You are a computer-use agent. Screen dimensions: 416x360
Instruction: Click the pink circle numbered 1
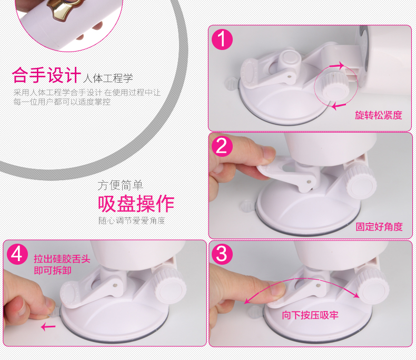[222, 39]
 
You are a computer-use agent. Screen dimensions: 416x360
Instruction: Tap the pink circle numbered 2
[222, 146]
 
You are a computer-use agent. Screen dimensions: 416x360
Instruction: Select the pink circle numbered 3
[222, 254]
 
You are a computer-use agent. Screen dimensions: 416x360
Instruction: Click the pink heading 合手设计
[46, 75]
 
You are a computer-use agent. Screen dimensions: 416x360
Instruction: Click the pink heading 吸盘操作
[136, 204]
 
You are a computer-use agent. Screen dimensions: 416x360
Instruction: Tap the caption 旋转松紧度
[379, 115]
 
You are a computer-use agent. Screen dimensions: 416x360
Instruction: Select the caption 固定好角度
[379, 227]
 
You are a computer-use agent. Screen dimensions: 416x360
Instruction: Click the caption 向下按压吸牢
[310, 315]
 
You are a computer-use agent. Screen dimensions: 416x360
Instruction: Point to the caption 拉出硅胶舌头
[62, 259]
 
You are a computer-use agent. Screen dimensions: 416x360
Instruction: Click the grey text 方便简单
[120, 185]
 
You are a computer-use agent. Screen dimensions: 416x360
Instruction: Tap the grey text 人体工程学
[108, 78]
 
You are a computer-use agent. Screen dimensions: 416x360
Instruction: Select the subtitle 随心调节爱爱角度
[132, 221]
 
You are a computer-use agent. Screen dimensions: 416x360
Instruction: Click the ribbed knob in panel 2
[361, 181]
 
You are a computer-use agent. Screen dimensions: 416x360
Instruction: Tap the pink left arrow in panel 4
[48, 327]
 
